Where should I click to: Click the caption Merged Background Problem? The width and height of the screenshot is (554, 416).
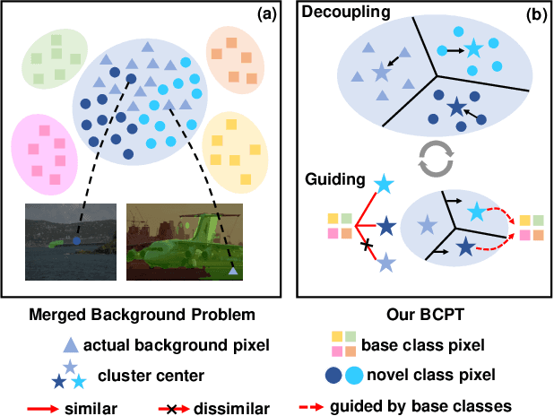[x=143, y=313]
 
